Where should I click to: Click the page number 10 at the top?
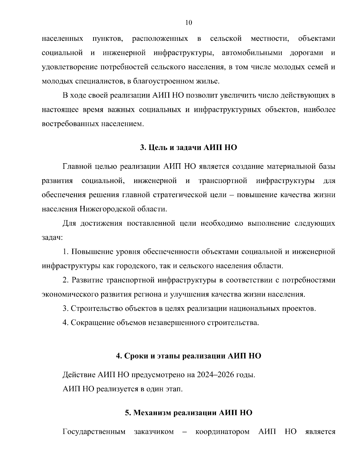(189, 23)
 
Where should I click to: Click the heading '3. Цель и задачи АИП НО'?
(188, 148)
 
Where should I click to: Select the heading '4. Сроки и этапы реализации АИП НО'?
(188, 356)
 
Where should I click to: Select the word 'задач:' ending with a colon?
(52, 238)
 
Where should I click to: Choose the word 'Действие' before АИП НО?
(79, 375)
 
